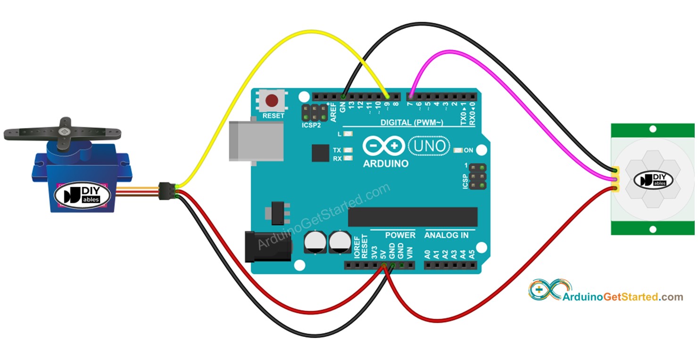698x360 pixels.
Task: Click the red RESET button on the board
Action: pyautogui.click(x=272, y=100)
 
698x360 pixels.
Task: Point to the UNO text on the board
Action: pyautogui.click(x=429, y=146)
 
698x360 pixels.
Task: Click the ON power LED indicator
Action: pyautogui.click(x=457, y=151)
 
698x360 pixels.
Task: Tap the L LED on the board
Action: pyautogui.click(x=349, y=134)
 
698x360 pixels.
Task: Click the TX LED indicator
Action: pyautogui.click(x=349, y=150)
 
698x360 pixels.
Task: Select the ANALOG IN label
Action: pyautogui.click(x=446, y=235)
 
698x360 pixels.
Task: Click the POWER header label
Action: pyautogui.click(x=400, y=235)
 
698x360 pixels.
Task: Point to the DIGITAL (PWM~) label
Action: pyautogui.click(x=412, y=123)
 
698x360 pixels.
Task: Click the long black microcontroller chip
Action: pyautogui.click(x=413, y=217)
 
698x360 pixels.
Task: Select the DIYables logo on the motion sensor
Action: pyautogui.click(x=653, y=180)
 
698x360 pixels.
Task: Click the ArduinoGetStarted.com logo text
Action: pyautogui.click(x=623, y=297)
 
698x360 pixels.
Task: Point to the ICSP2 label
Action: pyautogui.click(x=311, y=126)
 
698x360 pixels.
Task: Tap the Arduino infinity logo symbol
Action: pyautogui.click(x=383, y=146)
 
